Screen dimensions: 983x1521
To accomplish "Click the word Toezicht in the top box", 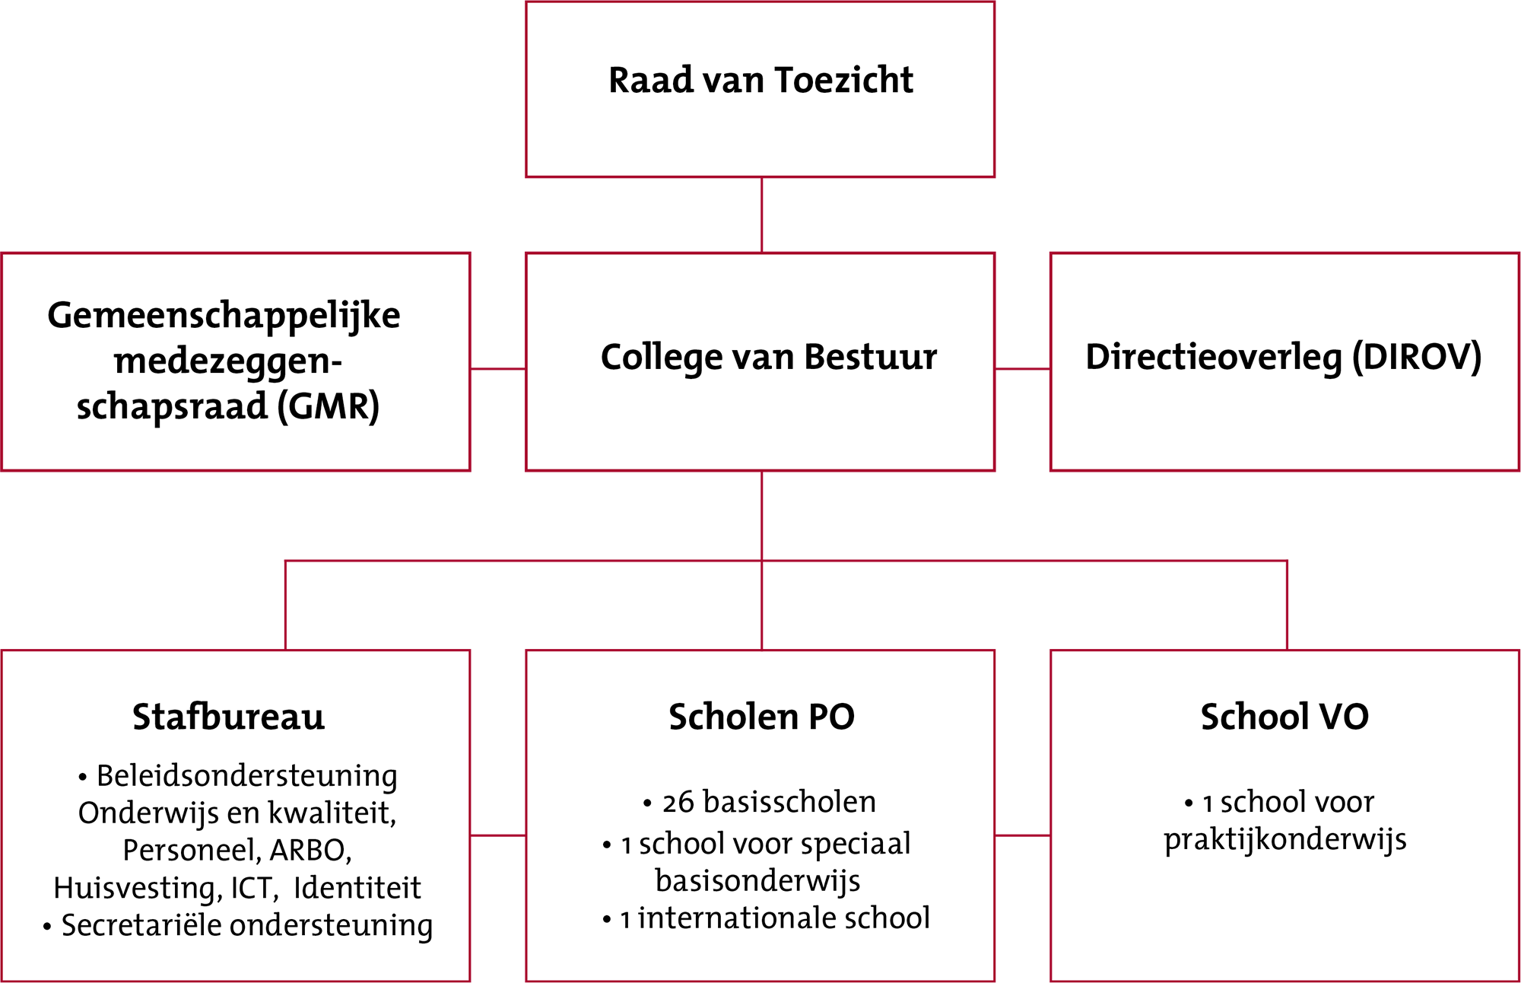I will tap(843, 81).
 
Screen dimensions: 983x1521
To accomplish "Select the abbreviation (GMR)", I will tap(328, 406).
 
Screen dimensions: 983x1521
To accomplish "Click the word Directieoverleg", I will tap(1213, 358).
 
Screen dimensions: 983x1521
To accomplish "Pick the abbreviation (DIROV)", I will tap(1416, 358).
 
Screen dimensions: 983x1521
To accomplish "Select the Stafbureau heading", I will tap(228, 717).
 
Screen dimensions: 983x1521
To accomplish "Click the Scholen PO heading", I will tap(761, 717).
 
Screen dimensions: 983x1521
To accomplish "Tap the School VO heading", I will tap(1284, 717).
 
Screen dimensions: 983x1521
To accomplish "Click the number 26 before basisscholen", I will tap(678, 803).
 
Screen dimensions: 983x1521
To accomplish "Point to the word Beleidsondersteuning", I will tap(246, 777).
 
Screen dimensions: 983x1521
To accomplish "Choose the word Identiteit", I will tap(357, 888).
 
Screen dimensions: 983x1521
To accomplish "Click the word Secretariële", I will tap(141, 926).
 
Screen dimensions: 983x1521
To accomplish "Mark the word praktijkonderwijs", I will tap(1284, 840).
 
